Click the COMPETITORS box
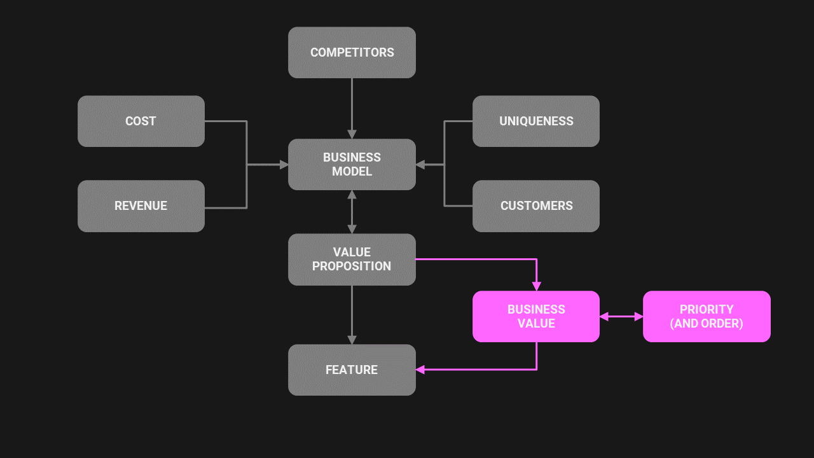pyautogui.click(x=352, y=52)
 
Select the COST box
pyautogui.click(x=141, y=121)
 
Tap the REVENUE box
pyautogui.click(x=141, y=205)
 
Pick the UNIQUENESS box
pyautogui.click(x=536, y=121)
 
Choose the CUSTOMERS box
pyautogui.click(x=536, y=205)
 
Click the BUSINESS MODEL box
pyautogui.click(x=352, y=164)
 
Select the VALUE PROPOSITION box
pyautogui.click(x=352, y=259)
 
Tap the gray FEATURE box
pyautogui.click(x=352, y=370)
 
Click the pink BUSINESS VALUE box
pyautogui.click(x=536, y=316)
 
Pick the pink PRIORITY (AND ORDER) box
pyautogui.click(x=707, y=316)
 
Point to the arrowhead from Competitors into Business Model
pyautogui.click(x=352, y=134)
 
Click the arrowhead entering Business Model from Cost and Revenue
pyautogui.click(x=284, y=164)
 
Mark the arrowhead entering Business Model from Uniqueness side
pyautogui.click(x=420, y=164)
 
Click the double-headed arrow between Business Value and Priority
pyautogui.click(x=621, y=316)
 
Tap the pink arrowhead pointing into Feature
pyautogui.click(x=420, y=370)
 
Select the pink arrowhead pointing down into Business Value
pyautogui.click(x=536, y=286)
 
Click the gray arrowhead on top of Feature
pyautogui.click(x=352, y=340)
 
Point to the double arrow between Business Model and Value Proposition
pyautogui.click(x=352, y=212)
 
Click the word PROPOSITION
pyautogui.click(x=352, y=267)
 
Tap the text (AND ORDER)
pyautogui.click(x=707, y=323)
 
